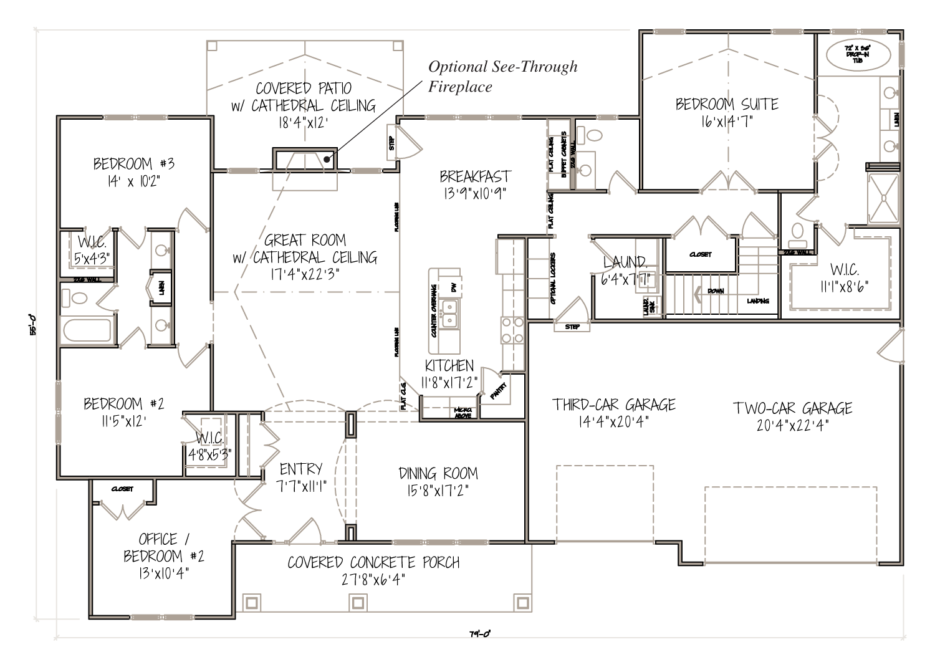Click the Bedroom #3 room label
tap(133, 164)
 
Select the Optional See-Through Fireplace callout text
tap(502, 76)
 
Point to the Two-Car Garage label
tap(792, 408)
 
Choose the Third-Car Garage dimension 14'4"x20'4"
tap(614, 422)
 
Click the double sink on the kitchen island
tap(449, 313)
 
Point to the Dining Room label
tap(438, 473)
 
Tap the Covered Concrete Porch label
tap(373, 562)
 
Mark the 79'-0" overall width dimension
tap(480, 634)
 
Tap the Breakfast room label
tap(474, 176)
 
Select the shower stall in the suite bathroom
tap(883, 198)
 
